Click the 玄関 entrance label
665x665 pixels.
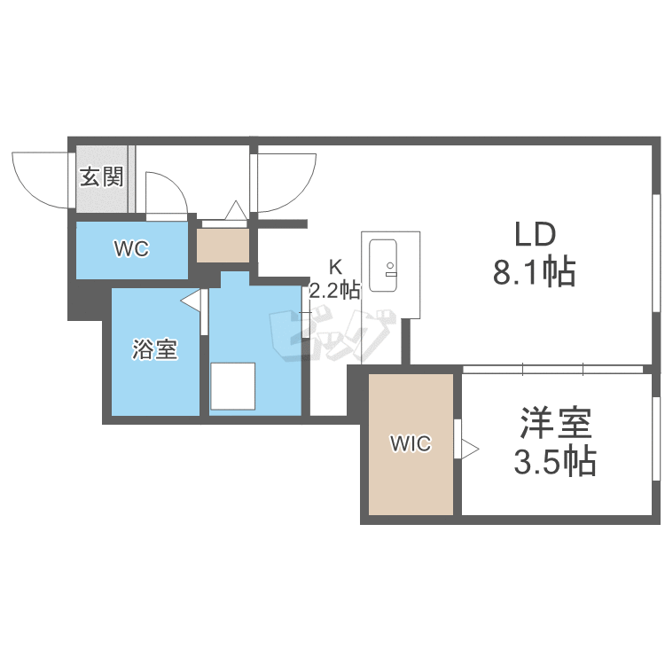pyautogui.click(x=102, y=177)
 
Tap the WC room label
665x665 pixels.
pyautogui.click(x=130, y=249)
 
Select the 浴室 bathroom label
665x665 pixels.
pyautogui.click(x=155, y=350)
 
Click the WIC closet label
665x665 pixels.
pyautogui.click(x=411, y=444)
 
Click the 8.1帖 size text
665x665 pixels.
pyautogui.click(x=535, y=272)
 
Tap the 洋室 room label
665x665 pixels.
pyautogui.click(x=556, y=425)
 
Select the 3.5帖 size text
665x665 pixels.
pyautogui.click(x=556, y=462)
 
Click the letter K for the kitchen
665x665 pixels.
pyautogui.click(x=335, y=267)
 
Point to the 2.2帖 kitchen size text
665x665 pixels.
pyautogui.click(x=334, y=289)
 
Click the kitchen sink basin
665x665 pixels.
pyautogui.click(x=385, y=263)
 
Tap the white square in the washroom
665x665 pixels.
pyautogui.click(x=232, y=385)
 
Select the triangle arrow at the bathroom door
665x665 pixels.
pyautogui.click(x=190, y=302)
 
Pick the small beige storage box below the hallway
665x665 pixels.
pyautogui.click(x=223, y=246)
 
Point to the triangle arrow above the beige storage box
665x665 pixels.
pyautogui.click(x=236, y=211)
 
